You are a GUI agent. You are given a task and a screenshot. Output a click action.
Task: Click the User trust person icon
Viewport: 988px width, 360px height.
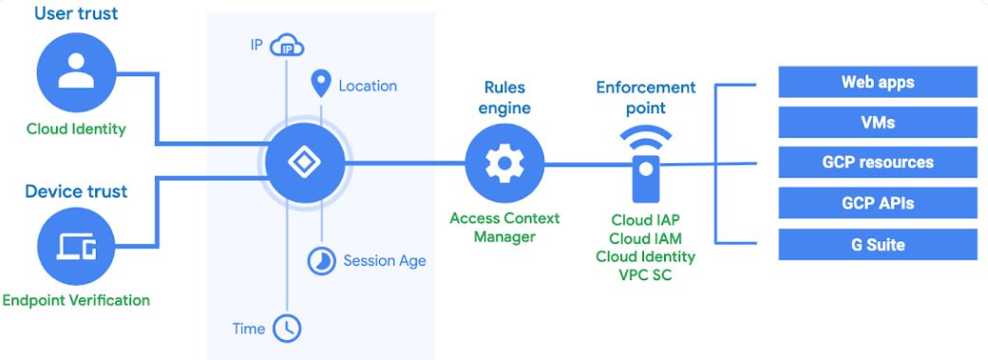pos(76,72)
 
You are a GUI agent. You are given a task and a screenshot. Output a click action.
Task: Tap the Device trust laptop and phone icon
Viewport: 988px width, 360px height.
pos(76,246)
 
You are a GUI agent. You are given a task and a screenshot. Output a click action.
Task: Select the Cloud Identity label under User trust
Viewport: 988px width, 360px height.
pos(76,129)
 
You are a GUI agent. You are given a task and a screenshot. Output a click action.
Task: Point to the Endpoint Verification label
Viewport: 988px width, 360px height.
pos(76,300)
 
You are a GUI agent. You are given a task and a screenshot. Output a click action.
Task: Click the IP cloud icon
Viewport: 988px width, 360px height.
pos(287,46)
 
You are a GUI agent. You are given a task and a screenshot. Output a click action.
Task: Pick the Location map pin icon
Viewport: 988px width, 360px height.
pos(321,84)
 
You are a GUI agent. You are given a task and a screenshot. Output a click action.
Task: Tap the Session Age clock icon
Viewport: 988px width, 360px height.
pos(321,260)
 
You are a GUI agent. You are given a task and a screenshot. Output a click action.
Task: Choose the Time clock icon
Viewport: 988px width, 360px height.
pos(287,329)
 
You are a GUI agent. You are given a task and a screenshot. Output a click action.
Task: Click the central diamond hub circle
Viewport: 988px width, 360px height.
pos(305,162)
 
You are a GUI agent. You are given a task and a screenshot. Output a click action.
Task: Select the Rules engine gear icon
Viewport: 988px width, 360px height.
pos(504,163)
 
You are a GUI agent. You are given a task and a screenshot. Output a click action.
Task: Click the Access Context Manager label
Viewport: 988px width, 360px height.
pos(504,228)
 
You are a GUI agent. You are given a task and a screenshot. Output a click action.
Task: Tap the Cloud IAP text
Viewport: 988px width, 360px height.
pos(646,220)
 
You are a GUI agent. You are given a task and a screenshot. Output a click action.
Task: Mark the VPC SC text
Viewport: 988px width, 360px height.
pos(646,275)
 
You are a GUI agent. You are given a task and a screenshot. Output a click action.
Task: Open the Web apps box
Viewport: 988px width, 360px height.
pos(878,82)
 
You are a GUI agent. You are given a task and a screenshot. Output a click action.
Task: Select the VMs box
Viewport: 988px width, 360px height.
pos(878,123)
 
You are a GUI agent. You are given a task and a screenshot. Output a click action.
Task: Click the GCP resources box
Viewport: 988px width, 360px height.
pos(878,162)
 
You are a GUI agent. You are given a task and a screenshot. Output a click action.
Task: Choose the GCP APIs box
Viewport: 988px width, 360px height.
pos(878,203)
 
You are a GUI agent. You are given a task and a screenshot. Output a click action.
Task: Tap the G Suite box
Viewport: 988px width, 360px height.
pos(878,245)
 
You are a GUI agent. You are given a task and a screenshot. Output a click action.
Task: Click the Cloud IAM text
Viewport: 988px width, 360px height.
pos(646,238)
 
